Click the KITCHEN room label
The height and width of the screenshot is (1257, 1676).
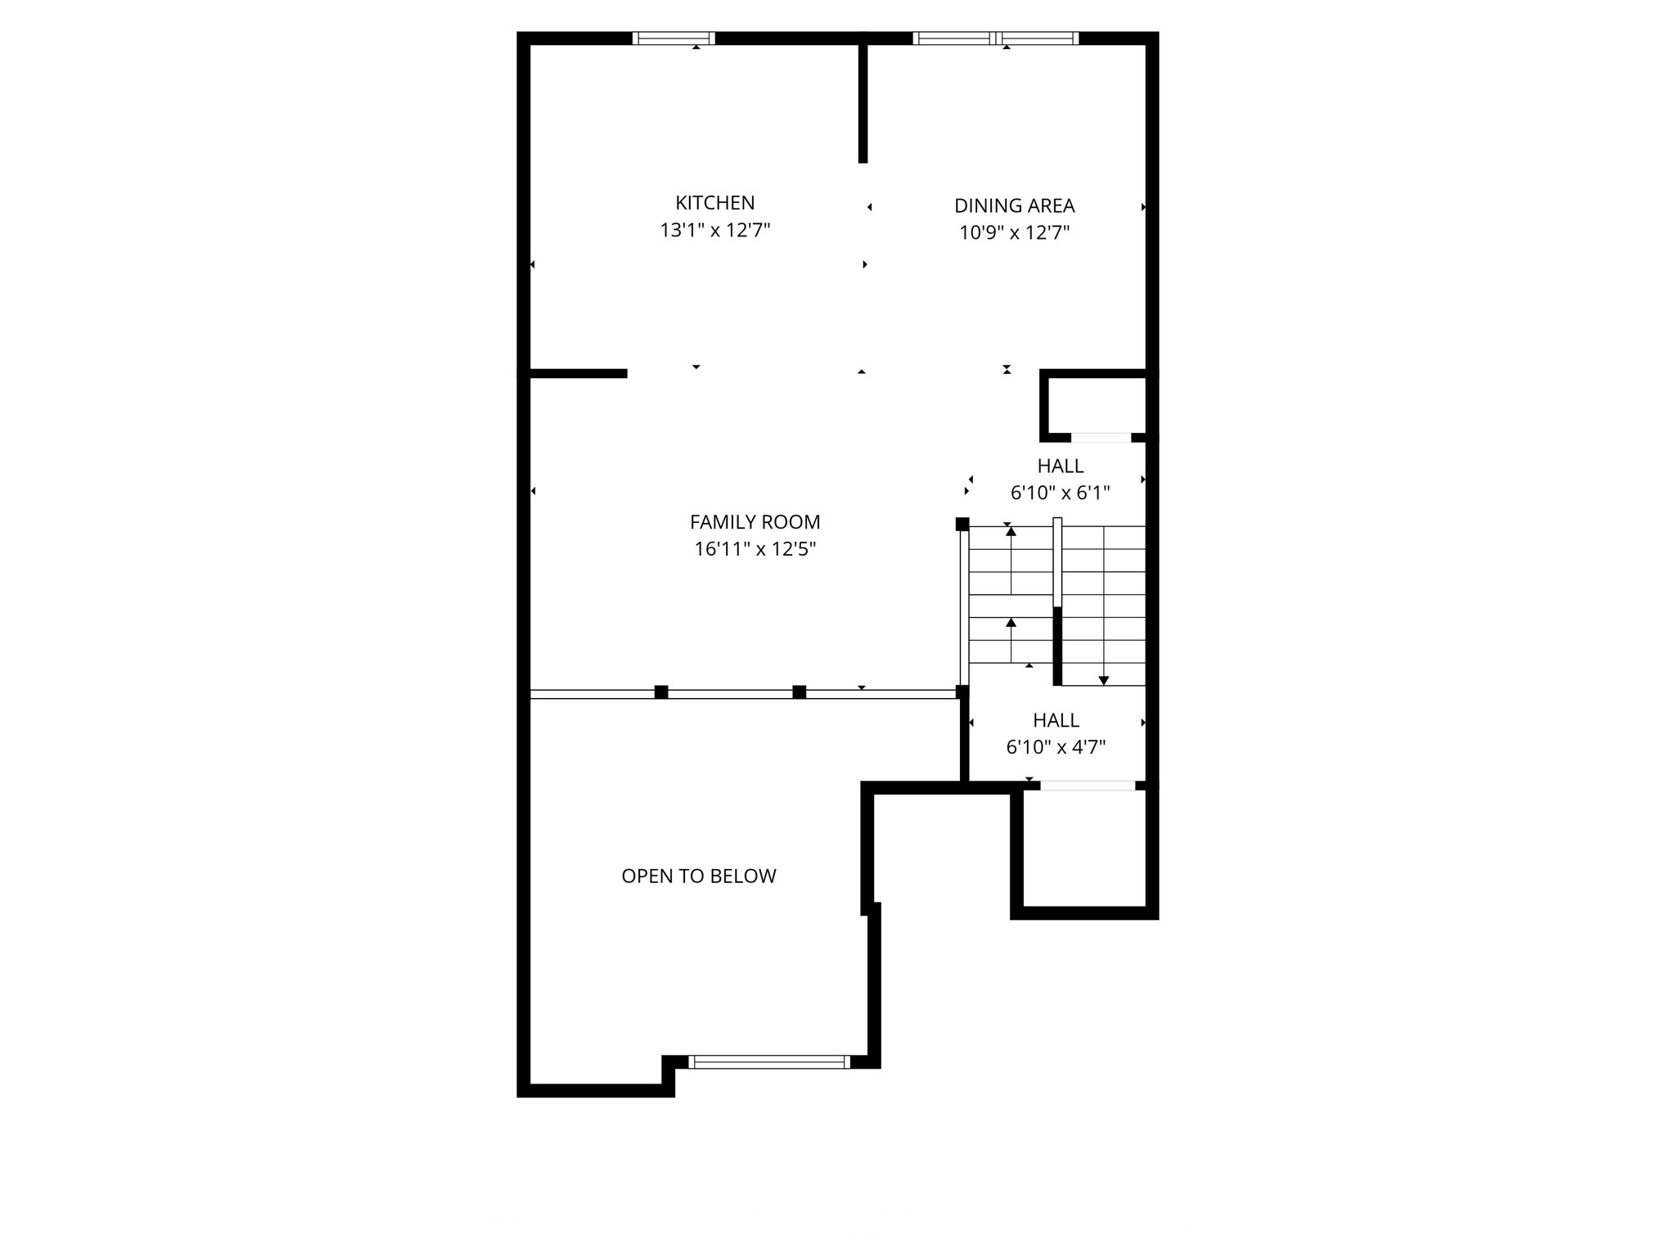click(714, 203)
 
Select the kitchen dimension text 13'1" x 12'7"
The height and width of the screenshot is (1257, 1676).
click(714, 231)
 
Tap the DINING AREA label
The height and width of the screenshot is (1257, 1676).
click(1014, 205)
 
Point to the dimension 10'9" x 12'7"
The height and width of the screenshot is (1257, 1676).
click(1014, 233)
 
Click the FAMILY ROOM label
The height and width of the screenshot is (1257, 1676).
click(755, 522)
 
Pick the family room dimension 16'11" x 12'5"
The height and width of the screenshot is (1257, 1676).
click(755, 549)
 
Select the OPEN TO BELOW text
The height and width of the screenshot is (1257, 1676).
click(698, 876)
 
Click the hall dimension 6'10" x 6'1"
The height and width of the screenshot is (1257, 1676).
click(1060, 493)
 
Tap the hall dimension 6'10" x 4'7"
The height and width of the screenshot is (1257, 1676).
click(1056, 747)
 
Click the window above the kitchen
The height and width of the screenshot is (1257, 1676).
click(674, 38)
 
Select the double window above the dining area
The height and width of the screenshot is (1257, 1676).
click(995, 38)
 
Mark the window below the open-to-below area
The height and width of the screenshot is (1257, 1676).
click(768, 1062)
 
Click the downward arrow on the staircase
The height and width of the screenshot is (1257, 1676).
click(1103, 679)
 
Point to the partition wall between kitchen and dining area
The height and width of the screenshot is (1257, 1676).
click(863, 102)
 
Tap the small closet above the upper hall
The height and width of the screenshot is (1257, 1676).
click(1097, 405)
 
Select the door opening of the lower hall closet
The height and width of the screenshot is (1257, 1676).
click(1088, 786)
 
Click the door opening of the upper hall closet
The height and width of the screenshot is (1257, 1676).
click(1101, 438)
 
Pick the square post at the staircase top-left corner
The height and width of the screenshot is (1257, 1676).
click(962, 524)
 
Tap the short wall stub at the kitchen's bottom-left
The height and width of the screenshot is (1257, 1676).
click(578, 374)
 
